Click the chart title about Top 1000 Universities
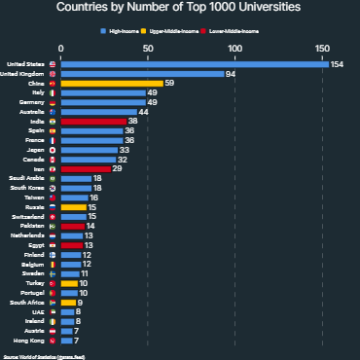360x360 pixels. (179, 8)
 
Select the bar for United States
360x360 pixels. (194, 64)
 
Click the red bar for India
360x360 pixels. (92, 122)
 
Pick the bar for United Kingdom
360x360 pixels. (141, 74)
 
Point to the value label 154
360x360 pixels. (338, 64)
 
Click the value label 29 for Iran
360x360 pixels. (118, 169)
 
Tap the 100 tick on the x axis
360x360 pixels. (234, 48)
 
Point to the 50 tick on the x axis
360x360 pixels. (147, 48)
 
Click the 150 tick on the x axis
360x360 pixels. (321, 48)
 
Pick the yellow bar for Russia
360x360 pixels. (73, 207)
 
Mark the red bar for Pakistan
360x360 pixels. (72, 226)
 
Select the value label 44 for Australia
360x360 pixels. (144, 112)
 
